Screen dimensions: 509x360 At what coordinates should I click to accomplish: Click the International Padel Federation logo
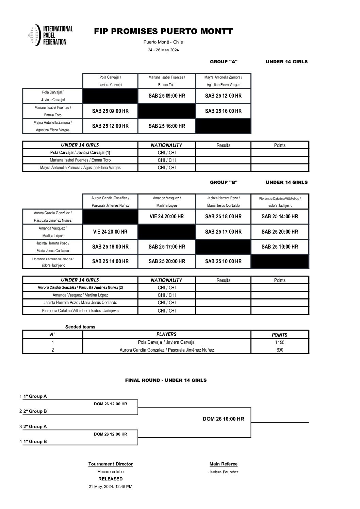click(50, 35)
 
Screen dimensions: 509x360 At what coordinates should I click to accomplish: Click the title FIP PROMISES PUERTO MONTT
click(163, 31)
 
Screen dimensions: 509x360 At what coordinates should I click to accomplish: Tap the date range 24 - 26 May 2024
click(163, 50)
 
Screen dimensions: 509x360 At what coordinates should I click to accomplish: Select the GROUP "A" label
click(224, 62)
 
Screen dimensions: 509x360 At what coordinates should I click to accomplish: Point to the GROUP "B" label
click(224, 182)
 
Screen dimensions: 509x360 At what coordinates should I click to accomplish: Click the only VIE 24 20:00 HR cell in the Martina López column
click(167, 216)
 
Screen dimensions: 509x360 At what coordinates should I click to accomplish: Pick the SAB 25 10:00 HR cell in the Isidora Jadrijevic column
click(280, 247)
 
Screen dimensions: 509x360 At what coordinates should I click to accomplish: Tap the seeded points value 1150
click(280, 342)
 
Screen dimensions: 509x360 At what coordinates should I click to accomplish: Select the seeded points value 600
click(280, 350)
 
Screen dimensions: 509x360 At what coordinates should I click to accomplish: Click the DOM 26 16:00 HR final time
click(224, 419)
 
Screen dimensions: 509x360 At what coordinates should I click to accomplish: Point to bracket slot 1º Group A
click(35, 396)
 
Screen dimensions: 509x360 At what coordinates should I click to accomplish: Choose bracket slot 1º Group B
click(35, 441)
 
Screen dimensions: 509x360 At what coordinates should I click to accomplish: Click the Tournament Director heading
click(111, 464)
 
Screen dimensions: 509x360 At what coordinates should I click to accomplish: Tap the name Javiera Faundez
click(224, 472)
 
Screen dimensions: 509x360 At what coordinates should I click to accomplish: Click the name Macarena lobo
click(111, 472)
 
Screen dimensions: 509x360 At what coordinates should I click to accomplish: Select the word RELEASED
click(111, 479)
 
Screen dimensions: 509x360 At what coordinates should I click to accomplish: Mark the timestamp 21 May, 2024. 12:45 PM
click(111, 487)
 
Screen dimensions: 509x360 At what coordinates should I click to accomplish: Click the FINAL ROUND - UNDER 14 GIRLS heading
click(166, 380)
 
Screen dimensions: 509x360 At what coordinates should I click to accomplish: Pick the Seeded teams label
click(80, 327)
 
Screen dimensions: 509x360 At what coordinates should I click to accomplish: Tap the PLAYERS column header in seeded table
click(166, 334)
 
